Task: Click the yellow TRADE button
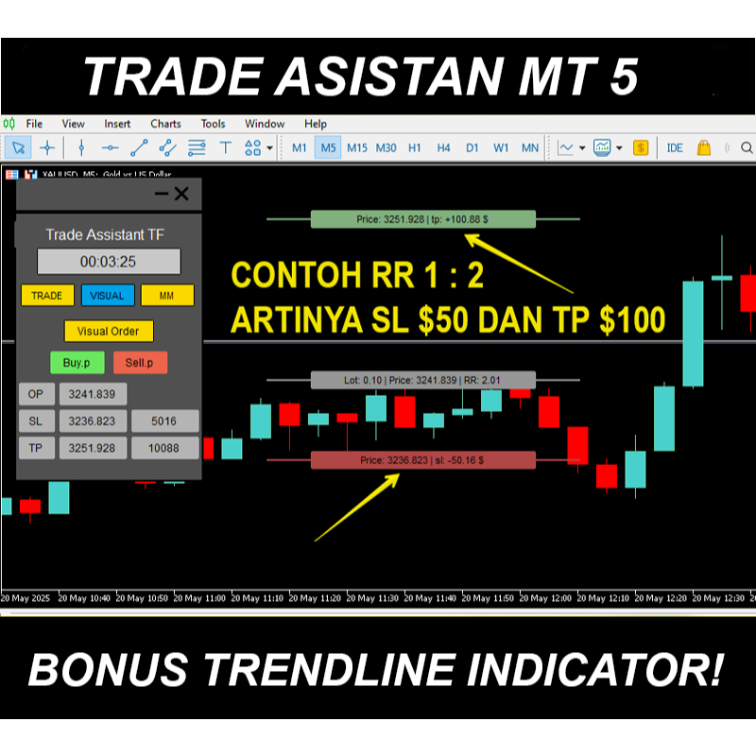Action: pos(47,296)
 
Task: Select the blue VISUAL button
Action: pos(107,296)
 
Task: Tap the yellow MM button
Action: pos(167,296)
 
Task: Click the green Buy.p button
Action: pos(77,362)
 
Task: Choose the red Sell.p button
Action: pos(140,362)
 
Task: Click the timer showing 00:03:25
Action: pos(108,262)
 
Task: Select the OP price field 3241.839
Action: pos(93,395)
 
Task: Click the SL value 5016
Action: pos(165,421)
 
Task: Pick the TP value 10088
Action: pos(165,448)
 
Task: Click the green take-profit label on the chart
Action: pos(422,219)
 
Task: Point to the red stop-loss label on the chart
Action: pos(422,460)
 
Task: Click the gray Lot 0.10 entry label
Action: pos(422,380)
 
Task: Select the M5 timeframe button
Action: pos(328,148)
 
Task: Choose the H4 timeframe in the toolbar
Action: pos(443,148)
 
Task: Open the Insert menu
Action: pos(117,124)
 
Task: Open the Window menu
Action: pos(265,124)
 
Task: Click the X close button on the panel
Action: pos(182,194)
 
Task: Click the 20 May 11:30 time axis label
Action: pos(374,598)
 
